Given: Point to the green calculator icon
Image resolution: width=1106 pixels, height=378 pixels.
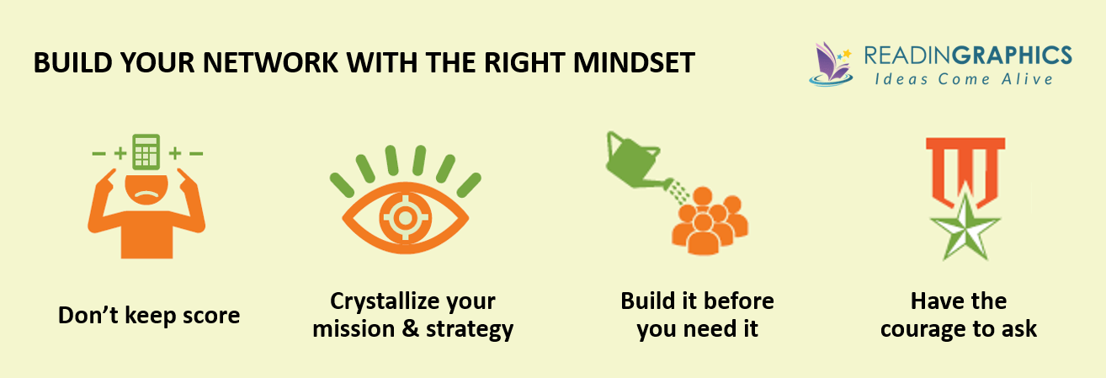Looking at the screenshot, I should click(146, 152).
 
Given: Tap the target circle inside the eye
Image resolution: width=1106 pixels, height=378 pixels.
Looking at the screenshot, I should click(405, 217).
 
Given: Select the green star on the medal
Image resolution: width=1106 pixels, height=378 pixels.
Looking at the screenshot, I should click(964, 221).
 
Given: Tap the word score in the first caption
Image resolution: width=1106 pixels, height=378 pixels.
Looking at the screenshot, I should click(209, 316).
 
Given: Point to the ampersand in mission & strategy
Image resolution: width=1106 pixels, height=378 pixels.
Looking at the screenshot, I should click(411, 329).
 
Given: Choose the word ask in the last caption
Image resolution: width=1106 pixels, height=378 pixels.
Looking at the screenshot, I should click(1018, 329).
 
